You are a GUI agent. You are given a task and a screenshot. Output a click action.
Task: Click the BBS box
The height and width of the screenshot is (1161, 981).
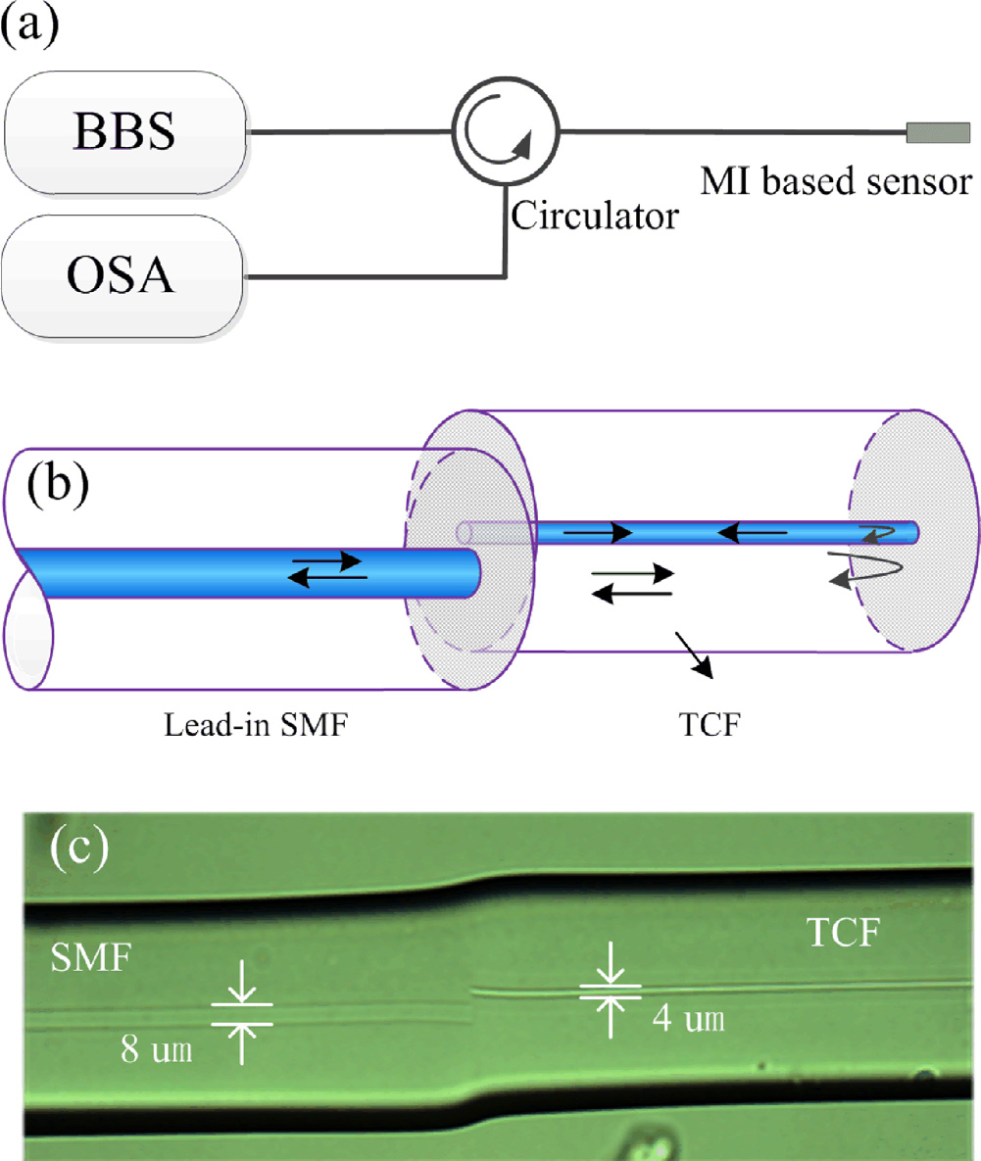pyautogui.click(x=125, y=132)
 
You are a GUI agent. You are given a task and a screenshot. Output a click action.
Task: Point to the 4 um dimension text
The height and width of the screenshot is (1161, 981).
pyautogui.click(x=688, y=1020)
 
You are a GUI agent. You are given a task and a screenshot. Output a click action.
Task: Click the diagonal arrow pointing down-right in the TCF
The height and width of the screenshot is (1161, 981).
pyautogui.click(x=693, y=653)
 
